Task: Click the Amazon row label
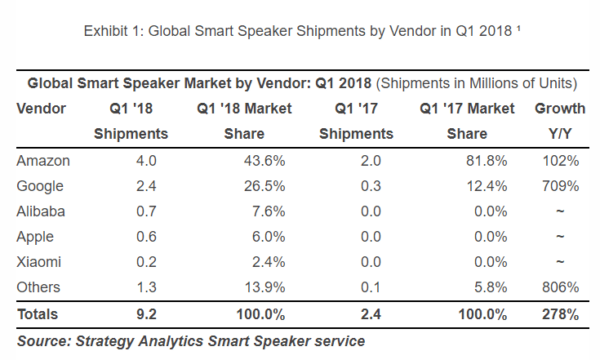pyautogui.click(x=42, y=161)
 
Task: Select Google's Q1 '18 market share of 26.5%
pyautogui.click(x=260, y=186)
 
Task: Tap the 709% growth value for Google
pyautogui.click(x=559, y=186)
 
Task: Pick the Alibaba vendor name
pyautogui.click(x=41, y=211)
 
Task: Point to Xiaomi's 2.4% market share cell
pyautogui.click(x=264, y=262)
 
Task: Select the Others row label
pyautogui.click(x=38, y=287)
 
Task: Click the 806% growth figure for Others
pyautogui.click(x=559, y=287)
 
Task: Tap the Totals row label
pyautogui.click(x=38, y=313)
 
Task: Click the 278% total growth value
pyautogui.click(x=559, y=313)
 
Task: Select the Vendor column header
pyautogui.click(x=41, y=109)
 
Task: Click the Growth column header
pyautogui.click(x=559, y=109)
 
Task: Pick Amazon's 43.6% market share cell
pyautogui.click(x=260, y=161)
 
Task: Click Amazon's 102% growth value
pyautogui.click(x=559, y=161)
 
